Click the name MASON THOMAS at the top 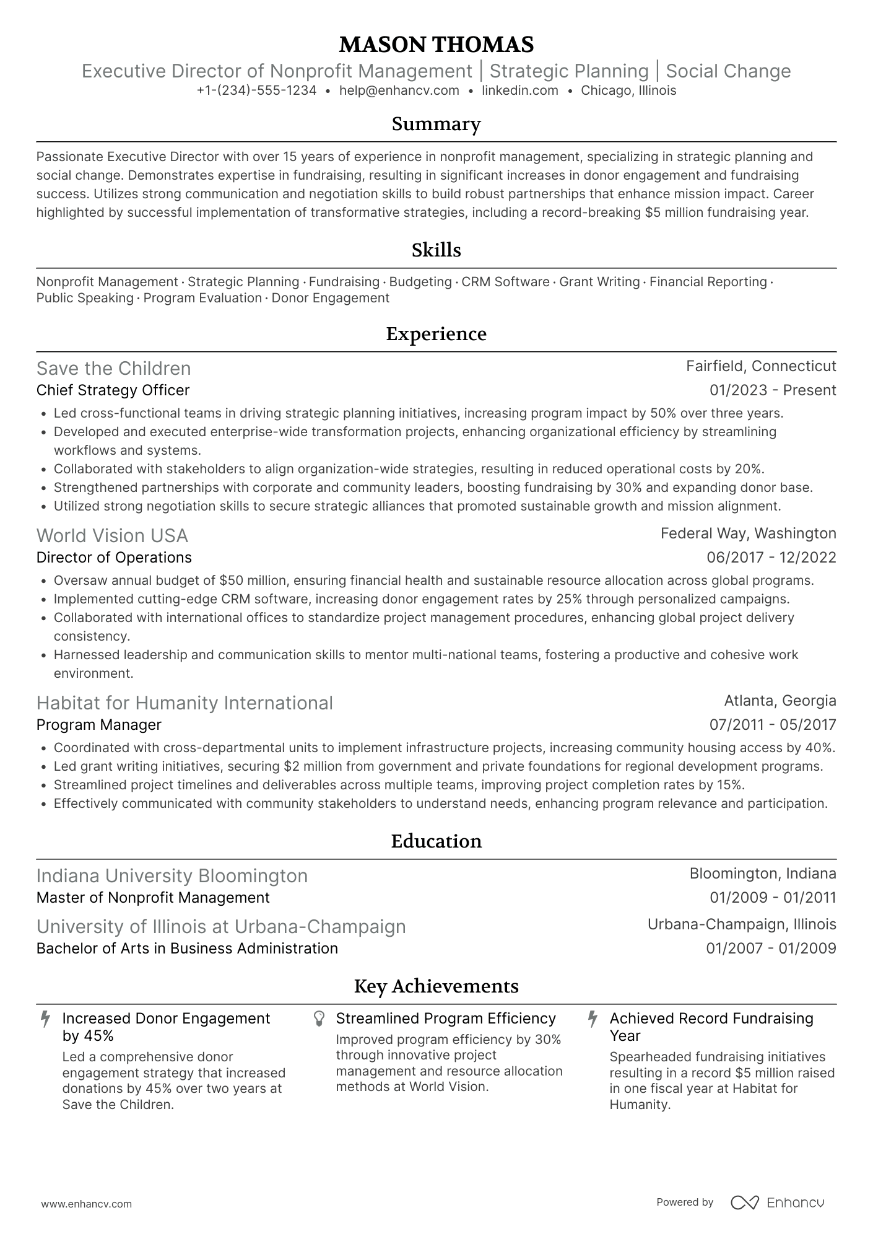[436, 45]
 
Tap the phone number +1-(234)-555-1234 [256, 90]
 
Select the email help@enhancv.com [399, 90]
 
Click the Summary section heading [436, 125]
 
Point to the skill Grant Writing [599, 282]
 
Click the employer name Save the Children [113, 369]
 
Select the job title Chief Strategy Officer [113, 390]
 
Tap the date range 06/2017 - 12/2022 [771, 558]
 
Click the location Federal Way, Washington [748, 533]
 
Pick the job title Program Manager [98, 725]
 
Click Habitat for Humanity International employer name [185, 703]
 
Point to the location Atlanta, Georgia [780, 701]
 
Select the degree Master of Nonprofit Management [153, 898]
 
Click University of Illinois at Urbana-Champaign [221, 927]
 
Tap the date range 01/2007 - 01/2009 [771, 949]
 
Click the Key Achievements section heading [436, 986]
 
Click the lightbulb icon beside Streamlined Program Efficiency [319, 1019]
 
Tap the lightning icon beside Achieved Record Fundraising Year [593, 1019]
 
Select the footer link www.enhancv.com [86, 1204]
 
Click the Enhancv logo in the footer [778, 1203]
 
